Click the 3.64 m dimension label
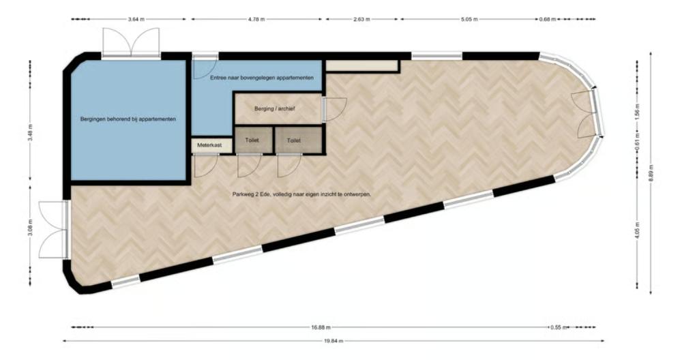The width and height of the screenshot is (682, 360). (x=136, y=19)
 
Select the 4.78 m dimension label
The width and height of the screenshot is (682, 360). (x=256, y=19)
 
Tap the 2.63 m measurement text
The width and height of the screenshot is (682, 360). (x=361, y=19)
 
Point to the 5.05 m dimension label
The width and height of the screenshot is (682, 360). (x=469, y=19)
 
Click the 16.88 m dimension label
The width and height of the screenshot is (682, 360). (x=321, y=327)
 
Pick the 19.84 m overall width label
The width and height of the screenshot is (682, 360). (x=333, y=342)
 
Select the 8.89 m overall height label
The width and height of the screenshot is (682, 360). (x=651, y=173)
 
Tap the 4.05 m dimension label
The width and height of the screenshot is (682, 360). (x=637, y=230)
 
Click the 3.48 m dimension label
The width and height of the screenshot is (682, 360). (x=30, y=132)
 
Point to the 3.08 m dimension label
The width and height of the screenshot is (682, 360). (x=30, y=228)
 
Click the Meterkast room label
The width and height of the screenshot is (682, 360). (x=209, y=145)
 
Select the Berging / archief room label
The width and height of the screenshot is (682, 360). (x=275, y=108)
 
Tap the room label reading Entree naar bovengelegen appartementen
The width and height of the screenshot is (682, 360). (x=262, y=78)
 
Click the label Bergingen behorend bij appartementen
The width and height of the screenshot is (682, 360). (x=128, y=119)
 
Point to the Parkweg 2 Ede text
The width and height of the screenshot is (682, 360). (x=252, y=194)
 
